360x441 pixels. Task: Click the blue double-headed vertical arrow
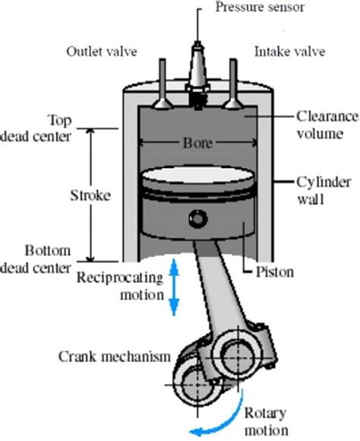click(x=174, y=286)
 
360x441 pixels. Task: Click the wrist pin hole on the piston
click(x=197, y=220)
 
